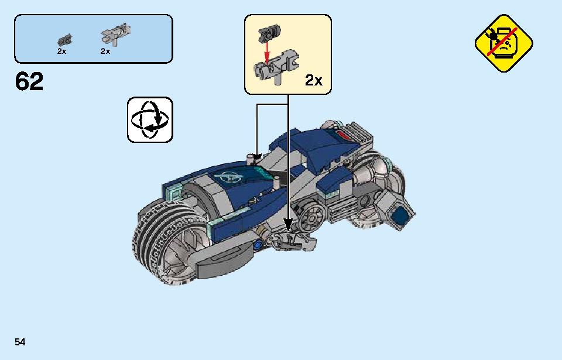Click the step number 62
pyautogui.click(x=29, y=81)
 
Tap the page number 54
pyautogui.click(x=20, y=342)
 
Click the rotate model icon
pyautogui.click(x=150, y=120)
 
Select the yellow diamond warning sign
pyautogui.click(x=503, y=43)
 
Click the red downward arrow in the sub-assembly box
pyautogui.click(x=266, y=52)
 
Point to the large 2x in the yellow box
pyautogui.click(x=314, y=80)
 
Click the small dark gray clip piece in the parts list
pyautogui.click(x=64, y=40)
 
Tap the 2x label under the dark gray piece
pyautogui.click(x=61, y=52)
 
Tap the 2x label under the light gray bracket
pyautogui.click(x=105, y=52)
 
